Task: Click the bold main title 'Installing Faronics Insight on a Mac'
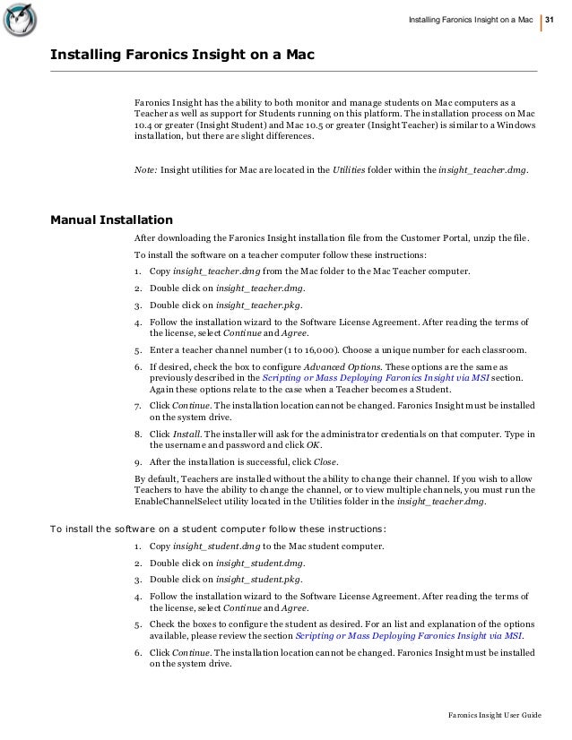[182, 57]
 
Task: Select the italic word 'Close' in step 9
[324, 461]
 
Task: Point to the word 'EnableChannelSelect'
[178, 503]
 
